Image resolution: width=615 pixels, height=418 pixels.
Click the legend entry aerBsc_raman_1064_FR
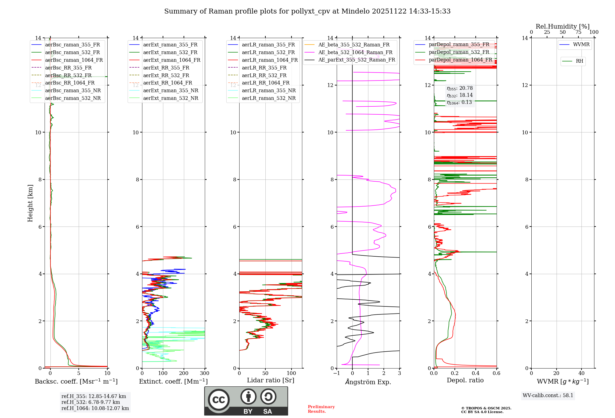[74, 60]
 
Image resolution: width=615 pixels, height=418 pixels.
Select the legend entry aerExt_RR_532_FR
[166, 75]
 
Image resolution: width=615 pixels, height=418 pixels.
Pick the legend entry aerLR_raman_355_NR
[268, 90]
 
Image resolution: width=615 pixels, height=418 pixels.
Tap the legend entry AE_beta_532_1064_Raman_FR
[355, 52]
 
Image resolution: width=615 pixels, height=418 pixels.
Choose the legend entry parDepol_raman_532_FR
[459, 52]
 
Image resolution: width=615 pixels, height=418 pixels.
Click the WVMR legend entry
[581, 45]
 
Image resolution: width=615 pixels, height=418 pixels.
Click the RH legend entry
[579, 61]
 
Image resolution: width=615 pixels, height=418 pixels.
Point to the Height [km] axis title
[30, 203]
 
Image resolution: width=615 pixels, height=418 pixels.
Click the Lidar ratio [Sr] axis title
[271, 380]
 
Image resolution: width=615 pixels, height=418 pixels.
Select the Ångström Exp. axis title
[368, 382]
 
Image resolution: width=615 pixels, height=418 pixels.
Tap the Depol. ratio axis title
[465, 380]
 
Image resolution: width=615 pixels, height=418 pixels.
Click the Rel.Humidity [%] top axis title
[563, 26]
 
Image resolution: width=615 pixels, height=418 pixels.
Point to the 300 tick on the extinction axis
[205, 373]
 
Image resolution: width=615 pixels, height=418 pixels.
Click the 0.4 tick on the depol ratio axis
[476, 373]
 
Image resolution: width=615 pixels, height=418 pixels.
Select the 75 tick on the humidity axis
[578, 32]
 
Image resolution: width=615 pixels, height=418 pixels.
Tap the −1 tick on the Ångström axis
[337, 373]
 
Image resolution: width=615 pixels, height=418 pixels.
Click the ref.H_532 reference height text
[91, 402]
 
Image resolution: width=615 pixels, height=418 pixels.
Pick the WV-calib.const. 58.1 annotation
[548, 395]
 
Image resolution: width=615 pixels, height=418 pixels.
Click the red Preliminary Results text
[321, 409]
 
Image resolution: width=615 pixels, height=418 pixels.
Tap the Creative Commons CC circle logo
[219, 400]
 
